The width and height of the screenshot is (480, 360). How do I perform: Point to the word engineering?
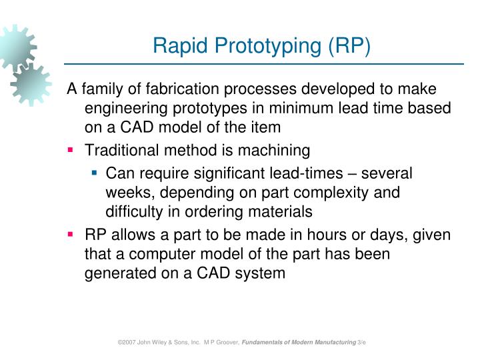(x=124, y=109)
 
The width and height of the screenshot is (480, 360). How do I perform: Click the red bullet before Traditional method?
(x=70, y=151)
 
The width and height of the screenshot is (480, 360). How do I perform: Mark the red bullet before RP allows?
(x=70, y=235)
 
